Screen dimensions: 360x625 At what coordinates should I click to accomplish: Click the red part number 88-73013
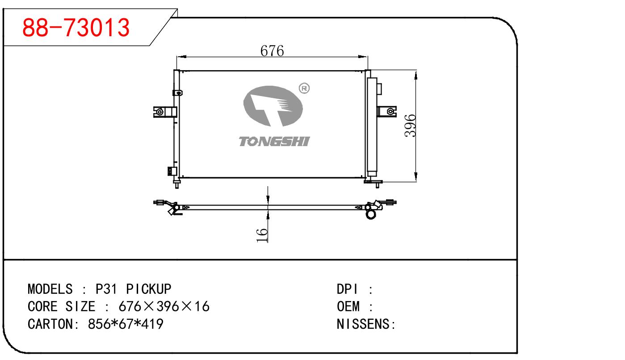coord(76,28)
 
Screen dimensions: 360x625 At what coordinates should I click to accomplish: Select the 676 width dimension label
coord(272,51)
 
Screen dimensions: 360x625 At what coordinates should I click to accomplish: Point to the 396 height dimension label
coord(410,126)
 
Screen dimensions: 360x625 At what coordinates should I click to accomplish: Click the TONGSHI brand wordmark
coord(274,142)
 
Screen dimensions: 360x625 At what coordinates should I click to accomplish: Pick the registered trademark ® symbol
coord(304,88)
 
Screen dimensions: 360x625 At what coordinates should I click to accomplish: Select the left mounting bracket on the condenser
coord(163,112)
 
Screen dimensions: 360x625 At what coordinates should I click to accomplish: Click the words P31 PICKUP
coord(134,289)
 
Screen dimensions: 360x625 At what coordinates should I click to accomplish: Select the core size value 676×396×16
coord(164,307)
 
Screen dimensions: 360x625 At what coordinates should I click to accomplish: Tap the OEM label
coord(348,307)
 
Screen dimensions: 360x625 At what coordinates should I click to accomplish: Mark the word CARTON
coord(49,324)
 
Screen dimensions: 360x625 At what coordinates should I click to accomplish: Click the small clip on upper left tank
coord(177,93)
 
